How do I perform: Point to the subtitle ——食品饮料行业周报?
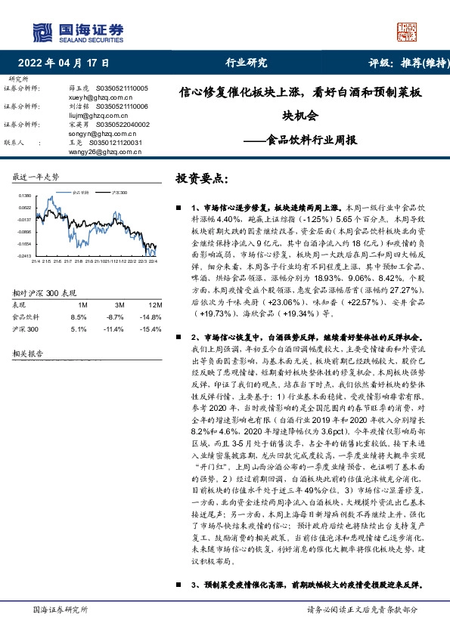[300, 140]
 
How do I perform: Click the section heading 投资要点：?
[201, 179]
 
